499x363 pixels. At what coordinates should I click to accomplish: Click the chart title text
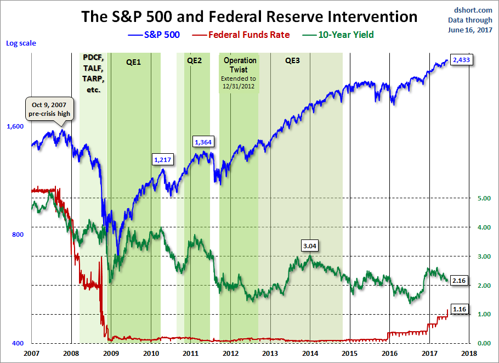(249, 16)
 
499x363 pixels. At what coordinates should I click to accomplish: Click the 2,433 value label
(461, 60)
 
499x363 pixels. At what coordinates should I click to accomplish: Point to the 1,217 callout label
(163, 159)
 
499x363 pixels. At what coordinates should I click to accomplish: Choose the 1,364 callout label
(203, 142)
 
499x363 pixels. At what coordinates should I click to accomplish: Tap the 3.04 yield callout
(310, 246)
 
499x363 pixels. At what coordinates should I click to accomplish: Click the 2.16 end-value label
(460, 280)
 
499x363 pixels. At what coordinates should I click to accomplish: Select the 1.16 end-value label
(460, 309)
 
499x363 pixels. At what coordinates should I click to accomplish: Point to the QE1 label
(133, 62)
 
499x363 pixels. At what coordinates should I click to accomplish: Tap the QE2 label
(194, 61)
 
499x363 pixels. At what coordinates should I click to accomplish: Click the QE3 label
(292, 61)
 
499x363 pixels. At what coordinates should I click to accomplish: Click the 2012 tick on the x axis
(230, 353)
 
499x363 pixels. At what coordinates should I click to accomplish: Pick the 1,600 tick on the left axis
(15, 126)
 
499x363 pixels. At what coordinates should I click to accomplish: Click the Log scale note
(21, 42)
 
